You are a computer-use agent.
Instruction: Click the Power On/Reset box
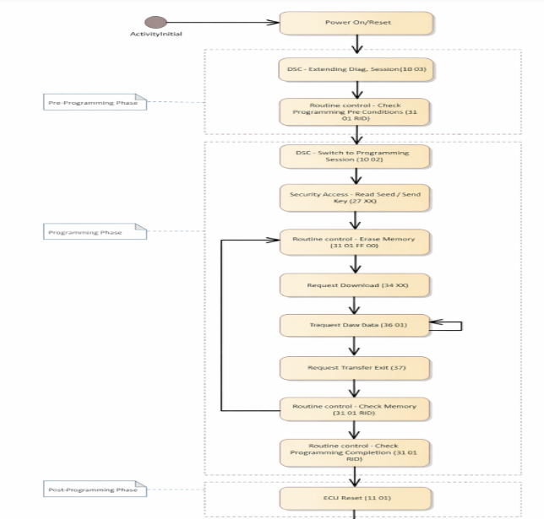point(356,23)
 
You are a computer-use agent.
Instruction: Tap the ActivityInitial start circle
point(155,22)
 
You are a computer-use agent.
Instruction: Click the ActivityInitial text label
point(155,35)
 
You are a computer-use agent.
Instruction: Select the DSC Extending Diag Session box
point(356,69)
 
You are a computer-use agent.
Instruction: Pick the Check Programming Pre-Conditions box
point(356,111)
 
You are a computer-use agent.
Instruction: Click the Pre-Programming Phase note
point(95,102)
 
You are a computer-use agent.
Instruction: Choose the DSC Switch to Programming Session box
point(356,156)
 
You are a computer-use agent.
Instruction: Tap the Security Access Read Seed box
point(356,197)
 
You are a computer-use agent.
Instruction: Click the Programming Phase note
point(95,231)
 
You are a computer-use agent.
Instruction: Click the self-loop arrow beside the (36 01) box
point(451,325)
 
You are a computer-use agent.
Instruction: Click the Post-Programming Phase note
point(95,489)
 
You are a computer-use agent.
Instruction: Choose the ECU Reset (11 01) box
point(356,498)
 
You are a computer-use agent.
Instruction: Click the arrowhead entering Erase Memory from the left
point(273,240)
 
